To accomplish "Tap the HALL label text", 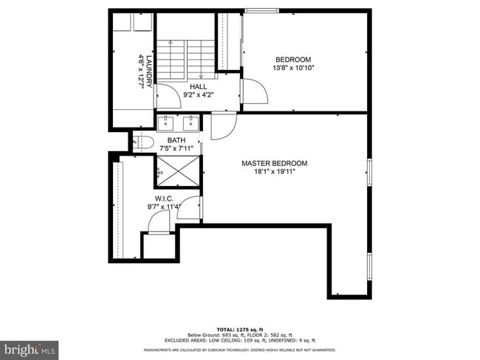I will [x=199, y=86].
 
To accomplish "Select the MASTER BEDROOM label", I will [x=275, y=163].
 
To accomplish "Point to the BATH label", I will [x=176, y=140].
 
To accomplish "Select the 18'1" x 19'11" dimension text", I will [x=275, y=172].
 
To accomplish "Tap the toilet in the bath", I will [x=143, y=141].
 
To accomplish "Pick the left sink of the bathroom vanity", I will [x=165, y=122].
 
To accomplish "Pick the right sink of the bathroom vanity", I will [x=191, y=122].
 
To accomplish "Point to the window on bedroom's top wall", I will [x=257, y=11].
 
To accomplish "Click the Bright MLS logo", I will [x=30, y=347].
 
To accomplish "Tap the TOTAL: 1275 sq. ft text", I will [x=240, y=329].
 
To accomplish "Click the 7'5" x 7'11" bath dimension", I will [x=176, y=148].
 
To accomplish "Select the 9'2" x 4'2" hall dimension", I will [x=199, y=94].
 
